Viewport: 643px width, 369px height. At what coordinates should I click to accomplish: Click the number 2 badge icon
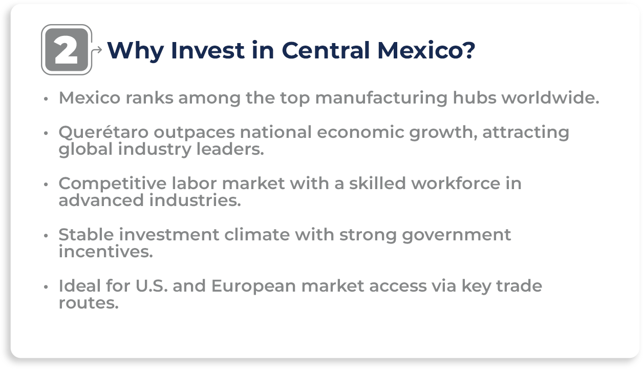pos(67,50)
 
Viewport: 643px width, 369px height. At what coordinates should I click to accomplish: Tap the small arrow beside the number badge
pos(97,50)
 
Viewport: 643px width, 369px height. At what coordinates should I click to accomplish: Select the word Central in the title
pos(326,50)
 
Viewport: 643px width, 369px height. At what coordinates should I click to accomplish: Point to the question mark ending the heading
pos(468,50)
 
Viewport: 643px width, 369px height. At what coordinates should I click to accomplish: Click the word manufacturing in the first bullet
pos(379,97)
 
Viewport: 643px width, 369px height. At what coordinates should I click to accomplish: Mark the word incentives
pos(105,252)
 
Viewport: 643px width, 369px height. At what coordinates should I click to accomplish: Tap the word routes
pos(88,303)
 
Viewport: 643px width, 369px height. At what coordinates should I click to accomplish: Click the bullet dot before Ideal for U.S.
pos(46,286)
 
